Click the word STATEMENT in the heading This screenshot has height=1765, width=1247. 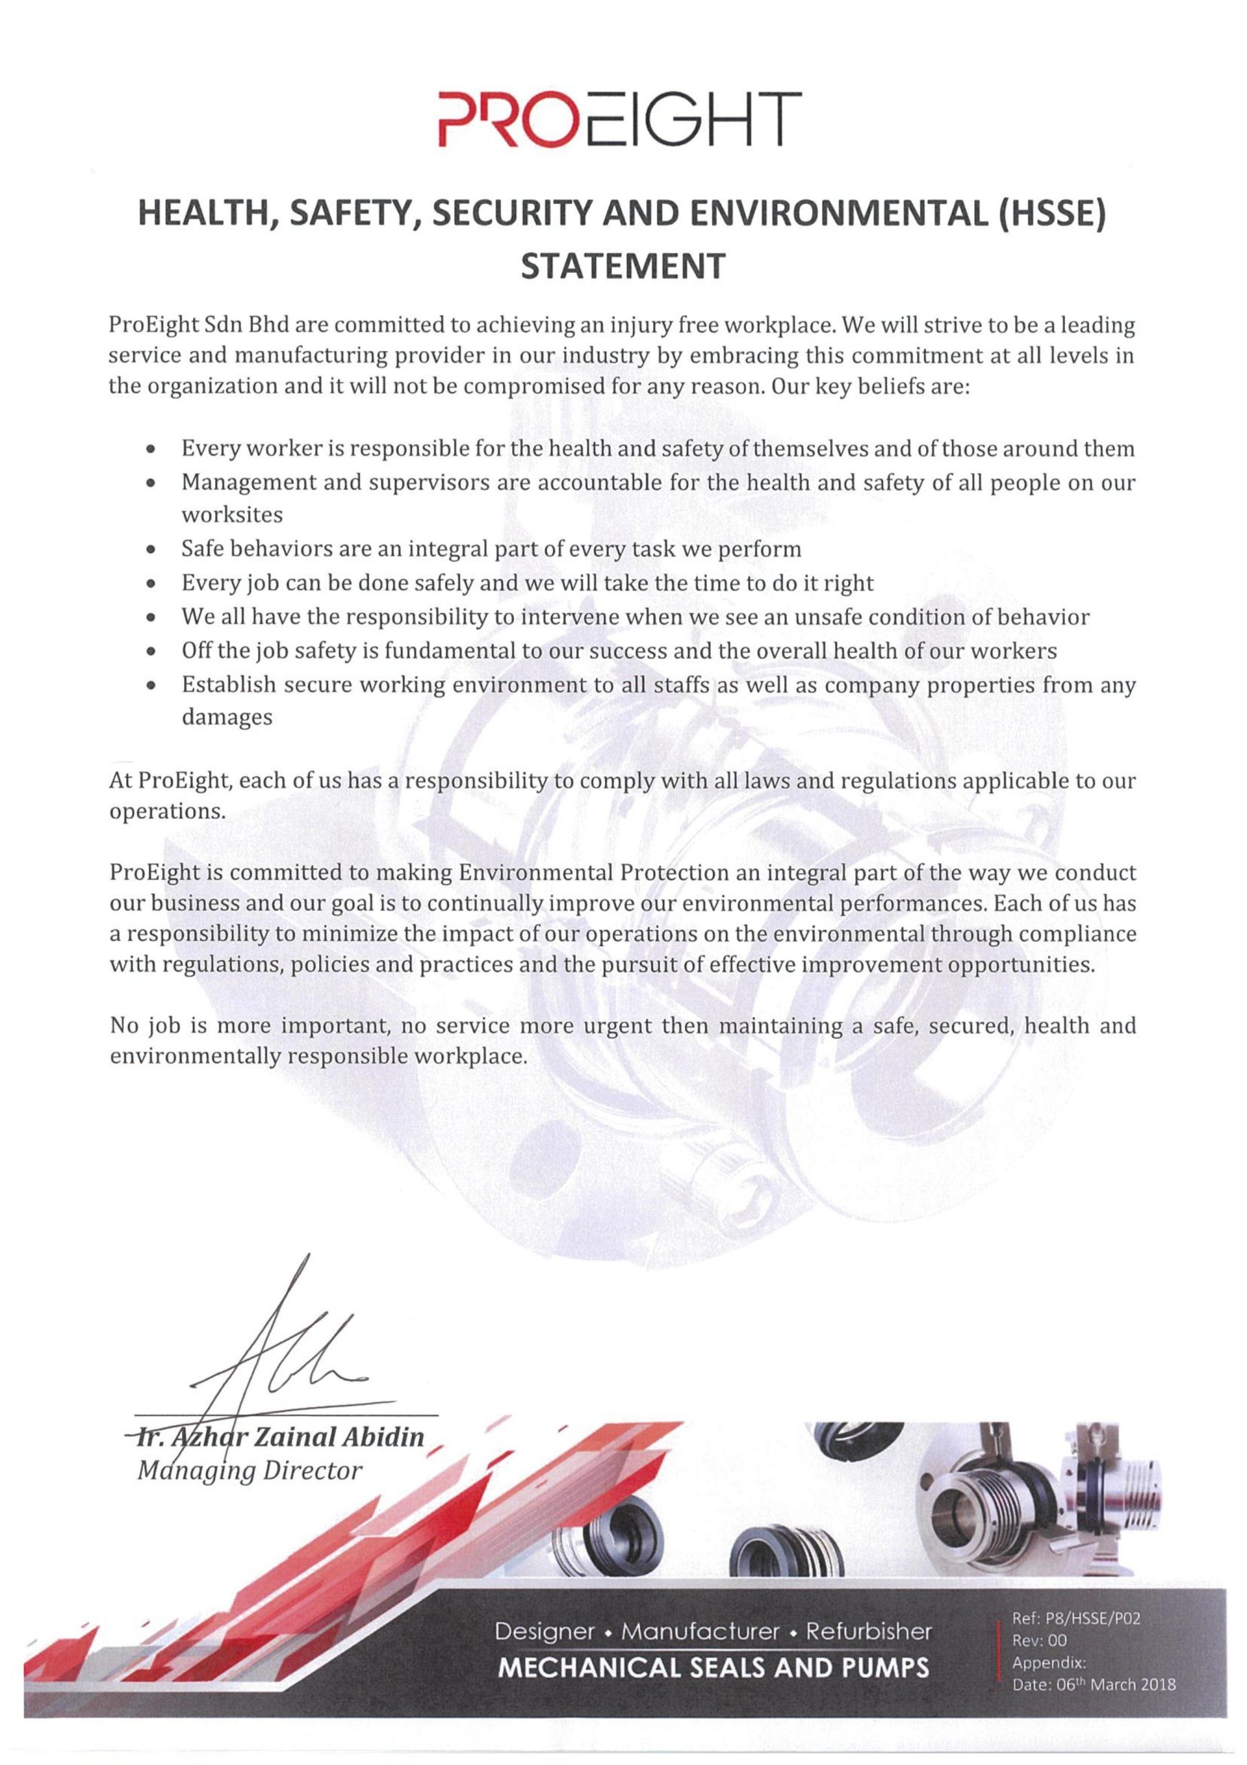[623, 266]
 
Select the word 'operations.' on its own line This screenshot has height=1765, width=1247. [167, 813]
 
